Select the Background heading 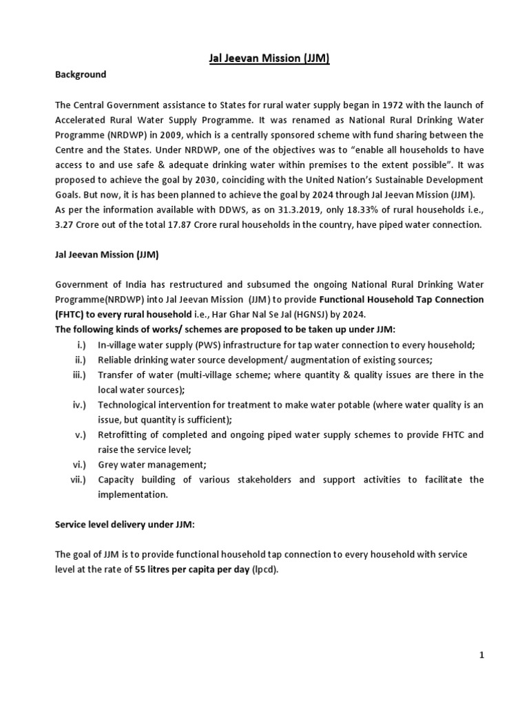coord(81,74)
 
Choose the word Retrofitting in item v coord(121,434)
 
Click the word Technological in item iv coord(127,405)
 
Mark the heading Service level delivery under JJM coord(125,524)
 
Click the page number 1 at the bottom coord(481,655)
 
